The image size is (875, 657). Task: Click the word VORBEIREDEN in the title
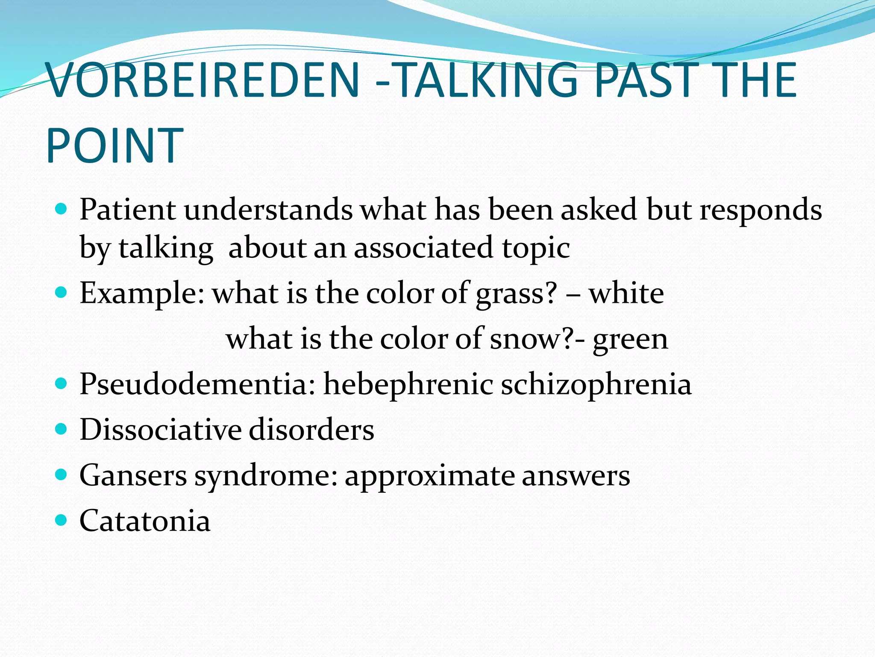click(x=203, y=80)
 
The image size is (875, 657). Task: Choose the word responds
click(x=760, y=210)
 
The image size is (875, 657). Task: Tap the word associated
click(x=423, y=248)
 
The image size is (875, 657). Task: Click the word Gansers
click(x=133, y=475)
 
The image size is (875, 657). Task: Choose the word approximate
click(x=429, y=476)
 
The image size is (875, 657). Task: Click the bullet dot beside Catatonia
click(x=62, y=520)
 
